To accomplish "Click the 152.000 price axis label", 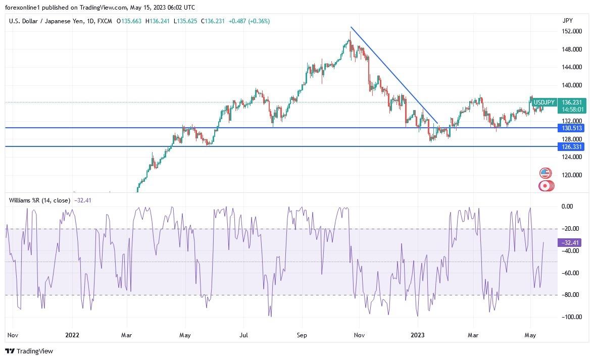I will tap(572, 31).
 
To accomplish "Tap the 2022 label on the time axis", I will tap(73, 335).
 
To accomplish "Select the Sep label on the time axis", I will tap(302, 335).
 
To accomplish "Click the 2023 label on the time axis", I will tap(418, 335).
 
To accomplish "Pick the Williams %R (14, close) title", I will tap(39, 200).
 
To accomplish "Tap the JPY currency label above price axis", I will tap(568, 21).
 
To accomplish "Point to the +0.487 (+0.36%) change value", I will tap(249, 21).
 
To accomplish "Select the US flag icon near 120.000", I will tap(544, 173).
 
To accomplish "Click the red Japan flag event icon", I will tap(544, 186).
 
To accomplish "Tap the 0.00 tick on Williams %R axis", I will tap(567, 207).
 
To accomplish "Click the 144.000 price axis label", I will tap(572, 67).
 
